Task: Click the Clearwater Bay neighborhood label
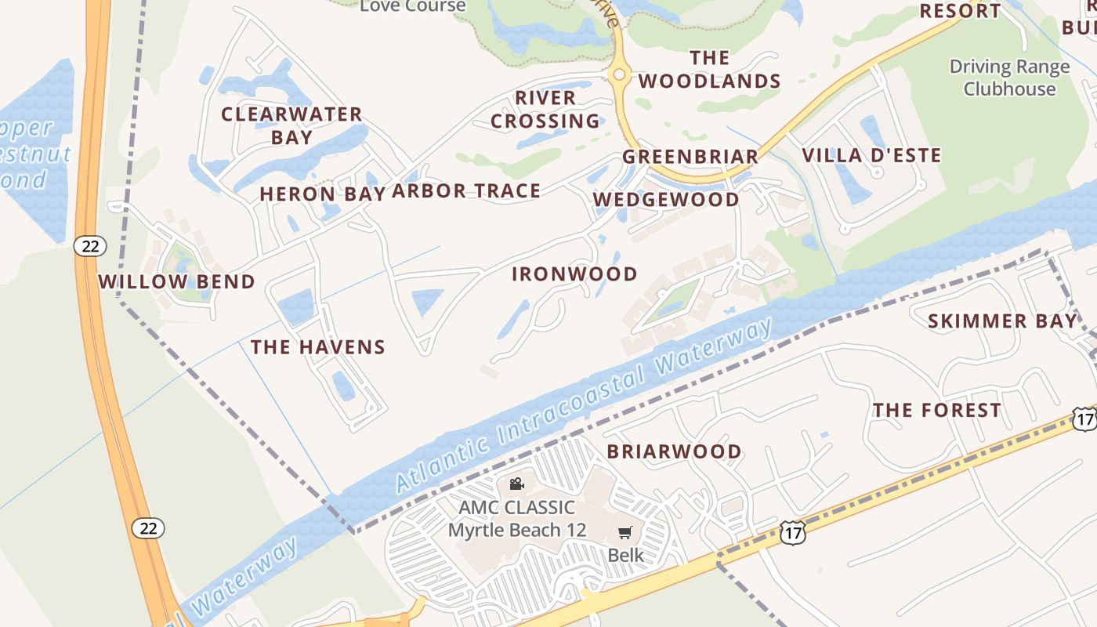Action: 291,125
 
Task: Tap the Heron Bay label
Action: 322,194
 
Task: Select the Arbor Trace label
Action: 466,190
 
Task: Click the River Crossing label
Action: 545,110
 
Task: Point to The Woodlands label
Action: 710,70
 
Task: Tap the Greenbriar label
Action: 690,157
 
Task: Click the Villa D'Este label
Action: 871,155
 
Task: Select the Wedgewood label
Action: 666,200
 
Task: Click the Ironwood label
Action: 574,274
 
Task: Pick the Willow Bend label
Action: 176,282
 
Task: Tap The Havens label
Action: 317,347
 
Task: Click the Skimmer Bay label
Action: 1002,321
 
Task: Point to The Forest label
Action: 936,411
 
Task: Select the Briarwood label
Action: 674,452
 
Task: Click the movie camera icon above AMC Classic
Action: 516,484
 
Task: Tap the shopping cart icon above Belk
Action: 625,533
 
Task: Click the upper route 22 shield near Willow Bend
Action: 90,246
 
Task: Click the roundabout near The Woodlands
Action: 619,74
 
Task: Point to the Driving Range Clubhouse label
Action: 1009,78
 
